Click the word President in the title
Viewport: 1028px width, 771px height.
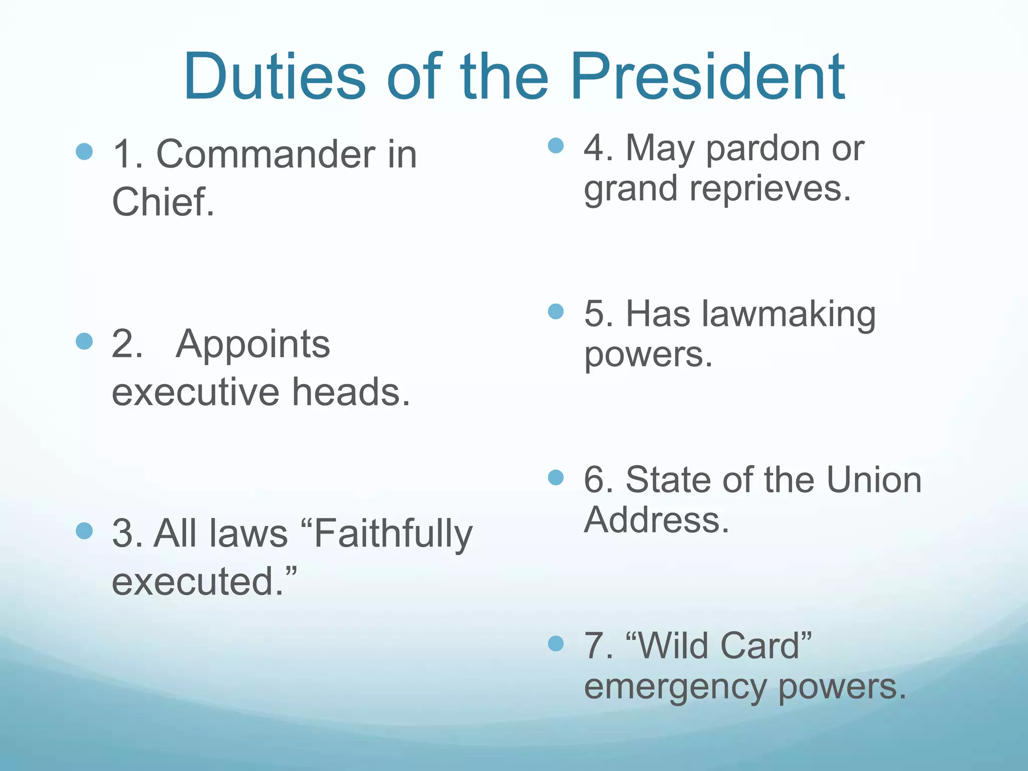point(708,76)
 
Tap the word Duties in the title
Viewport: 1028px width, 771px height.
point(274,76)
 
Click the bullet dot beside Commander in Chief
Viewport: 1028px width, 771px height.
point(84,151)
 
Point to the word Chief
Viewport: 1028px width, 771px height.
point(163,202)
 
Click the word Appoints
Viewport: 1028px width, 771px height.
point(253,344)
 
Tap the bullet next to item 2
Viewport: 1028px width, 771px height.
point(84,341)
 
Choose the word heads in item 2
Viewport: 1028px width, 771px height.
point(351,392)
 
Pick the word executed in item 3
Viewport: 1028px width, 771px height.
point(198,581)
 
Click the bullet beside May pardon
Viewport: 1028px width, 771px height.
point(556,146)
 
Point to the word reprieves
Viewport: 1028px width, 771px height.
point(770,189)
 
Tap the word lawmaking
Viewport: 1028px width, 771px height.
point(789,315)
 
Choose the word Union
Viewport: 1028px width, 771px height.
point(874,480)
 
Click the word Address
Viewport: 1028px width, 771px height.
point(656,520)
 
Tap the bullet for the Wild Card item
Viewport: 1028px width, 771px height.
point(556,643)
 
